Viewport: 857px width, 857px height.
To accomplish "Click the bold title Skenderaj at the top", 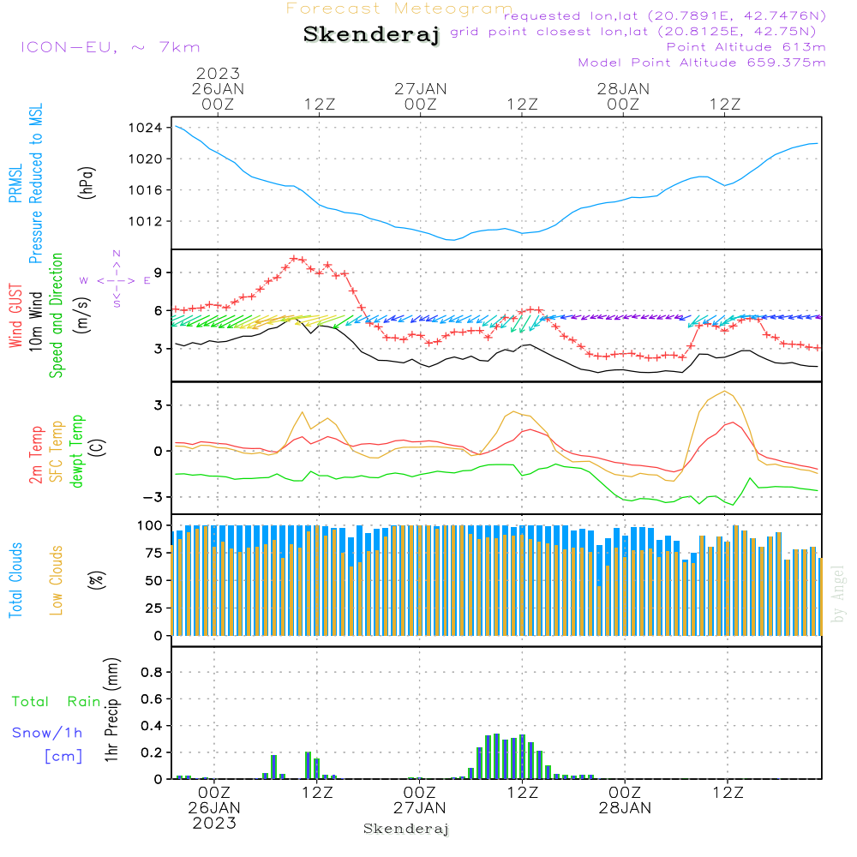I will point(371,35).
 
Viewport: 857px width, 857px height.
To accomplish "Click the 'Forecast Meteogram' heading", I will point(399,9).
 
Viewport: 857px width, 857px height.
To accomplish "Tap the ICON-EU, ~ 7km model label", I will point(110,47).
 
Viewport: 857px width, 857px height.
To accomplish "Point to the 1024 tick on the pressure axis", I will point(150,128).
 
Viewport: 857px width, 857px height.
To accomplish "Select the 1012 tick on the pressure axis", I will point(150,221).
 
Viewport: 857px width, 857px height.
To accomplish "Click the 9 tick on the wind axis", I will point(159,273).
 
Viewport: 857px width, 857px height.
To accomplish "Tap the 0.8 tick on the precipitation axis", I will point(152,673).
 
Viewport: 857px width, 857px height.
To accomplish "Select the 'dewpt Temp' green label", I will point(78,452).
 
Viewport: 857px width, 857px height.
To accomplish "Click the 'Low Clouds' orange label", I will point(57,580).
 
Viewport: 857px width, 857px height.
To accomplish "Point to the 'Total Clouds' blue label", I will point(15,580).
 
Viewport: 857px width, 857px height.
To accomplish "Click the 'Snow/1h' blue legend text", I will point(47,733).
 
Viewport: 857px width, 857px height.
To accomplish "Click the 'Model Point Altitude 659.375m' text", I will point(702,63).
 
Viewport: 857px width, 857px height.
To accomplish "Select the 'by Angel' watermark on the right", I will point(838,595).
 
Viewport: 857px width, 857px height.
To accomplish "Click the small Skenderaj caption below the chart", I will point(406,829).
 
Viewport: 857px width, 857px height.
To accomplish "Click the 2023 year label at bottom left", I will point(214,823).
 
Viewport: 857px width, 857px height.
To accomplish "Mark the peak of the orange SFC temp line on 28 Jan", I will point(726,391).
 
